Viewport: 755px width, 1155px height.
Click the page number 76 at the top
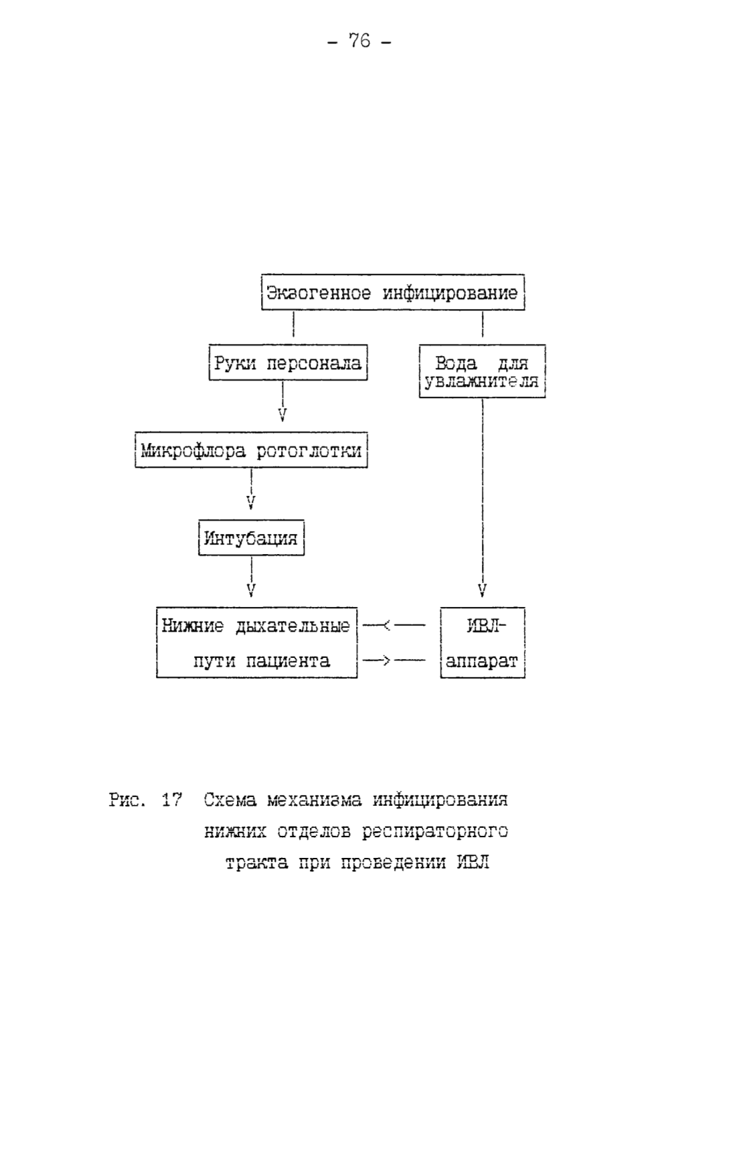click(359, 41)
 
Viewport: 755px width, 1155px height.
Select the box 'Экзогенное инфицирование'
click(392, 292)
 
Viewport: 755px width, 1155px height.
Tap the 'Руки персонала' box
click(288, 363)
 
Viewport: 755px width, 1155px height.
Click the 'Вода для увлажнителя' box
click(482, 371)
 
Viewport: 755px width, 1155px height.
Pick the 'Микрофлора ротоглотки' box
click(251, 450)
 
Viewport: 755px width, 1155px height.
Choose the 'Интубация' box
click(251, 537)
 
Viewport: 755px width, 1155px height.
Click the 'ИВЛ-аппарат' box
click(483, 643)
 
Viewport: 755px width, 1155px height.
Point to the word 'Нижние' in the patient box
click(193, 626)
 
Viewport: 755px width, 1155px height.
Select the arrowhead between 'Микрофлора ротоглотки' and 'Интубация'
click(251, 503)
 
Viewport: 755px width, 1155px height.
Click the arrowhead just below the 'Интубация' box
click(251, 590)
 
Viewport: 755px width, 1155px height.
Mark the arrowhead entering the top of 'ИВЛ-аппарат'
click(482, 590)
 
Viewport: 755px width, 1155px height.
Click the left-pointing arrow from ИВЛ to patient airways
click(394, 626)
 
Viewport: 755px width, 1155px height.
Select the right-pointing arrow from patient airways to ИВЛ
click(394, 661)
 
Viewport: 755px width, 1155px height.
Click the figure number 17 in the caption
click(171, 799)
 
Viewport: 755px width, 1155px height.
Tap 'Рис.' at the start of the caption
click(127, 799)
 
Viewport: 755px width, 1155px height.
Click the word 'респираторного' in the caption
click(435, 831)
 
